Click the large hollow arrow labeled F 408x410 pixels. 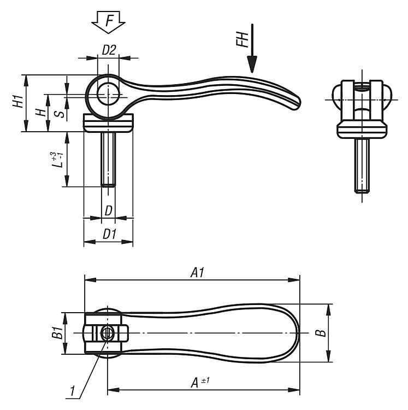pos(108,22)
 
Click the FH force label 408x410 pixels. pos(243,40)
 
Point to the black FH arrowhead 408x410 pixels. pos(252,65)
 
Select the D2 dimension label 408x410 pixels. pos(109,50)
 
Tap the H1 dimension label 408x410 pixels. pos(18,101)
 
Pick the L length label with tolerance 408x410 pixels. pos(57,159)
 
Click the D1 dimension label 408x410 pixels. pos(109,234)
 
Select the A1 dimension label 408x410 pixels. pos(197,273)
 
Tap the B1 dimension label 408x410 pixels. pos(57,332)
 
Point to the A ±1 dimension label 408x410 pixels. pos(200,382)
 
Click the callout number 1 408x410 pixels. pos(72,391)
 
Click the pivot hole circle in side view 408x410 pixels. pos(108,93)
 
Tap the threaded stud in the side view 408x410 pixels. pos(108,160)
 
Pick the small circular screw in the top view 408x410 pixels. pos(107,333)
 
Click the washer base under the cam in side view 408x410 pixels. pos(108,123)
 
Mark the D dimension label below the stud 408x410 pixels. pos(108,211)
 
